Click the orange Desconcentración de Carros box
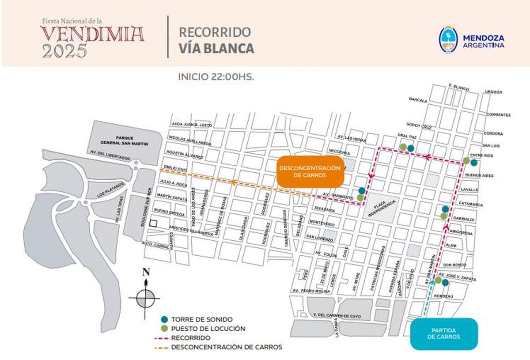[310, 171]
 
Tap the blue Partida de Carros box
[444, 333]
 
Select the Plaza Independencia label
[382, 206]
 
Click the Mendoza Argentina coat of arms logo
[448, 41]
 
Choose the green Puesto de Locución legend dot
[164, 329]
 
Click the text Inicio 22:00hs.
[216, 76]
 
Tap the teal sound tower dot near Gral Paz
[411, 148]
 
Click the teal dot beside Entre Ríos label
[474, 163]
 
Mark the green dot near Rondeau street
[438, 280]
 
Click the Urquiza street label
[493, 92]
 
